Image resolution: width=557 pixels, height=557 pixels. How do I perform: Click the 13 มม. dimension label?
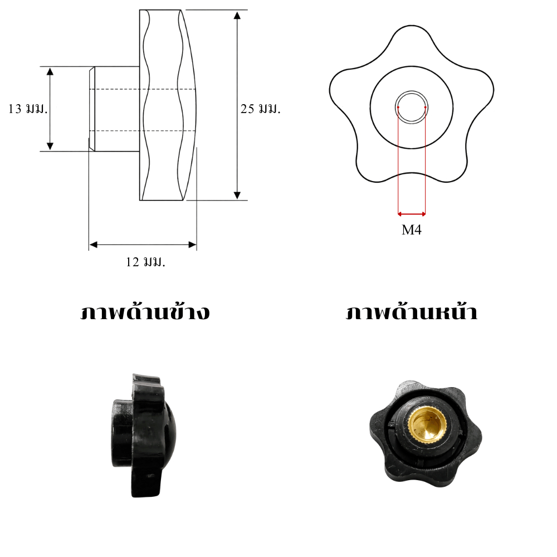[28, 109]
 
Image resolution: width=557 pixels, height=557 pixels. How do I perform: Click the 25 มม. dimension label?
[260, 109]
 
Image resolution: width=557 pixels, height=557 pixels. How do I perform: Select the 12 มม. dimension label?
[145, 262]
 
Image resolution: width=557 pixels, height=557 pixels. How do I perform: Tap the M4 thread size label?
[412, 230]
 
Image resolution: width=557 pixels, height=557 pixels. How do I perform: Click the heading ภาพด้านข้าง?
[145, 312]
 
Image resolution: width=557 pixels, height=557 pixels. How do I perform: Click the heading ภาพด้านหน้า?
[412, 312]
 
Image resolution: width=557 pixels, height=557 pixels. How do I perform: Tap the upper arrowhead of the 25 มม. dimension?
[237, 15]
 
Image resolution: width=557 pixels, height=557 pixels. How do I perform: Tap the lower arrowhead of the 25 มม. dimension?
[237, 195]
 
